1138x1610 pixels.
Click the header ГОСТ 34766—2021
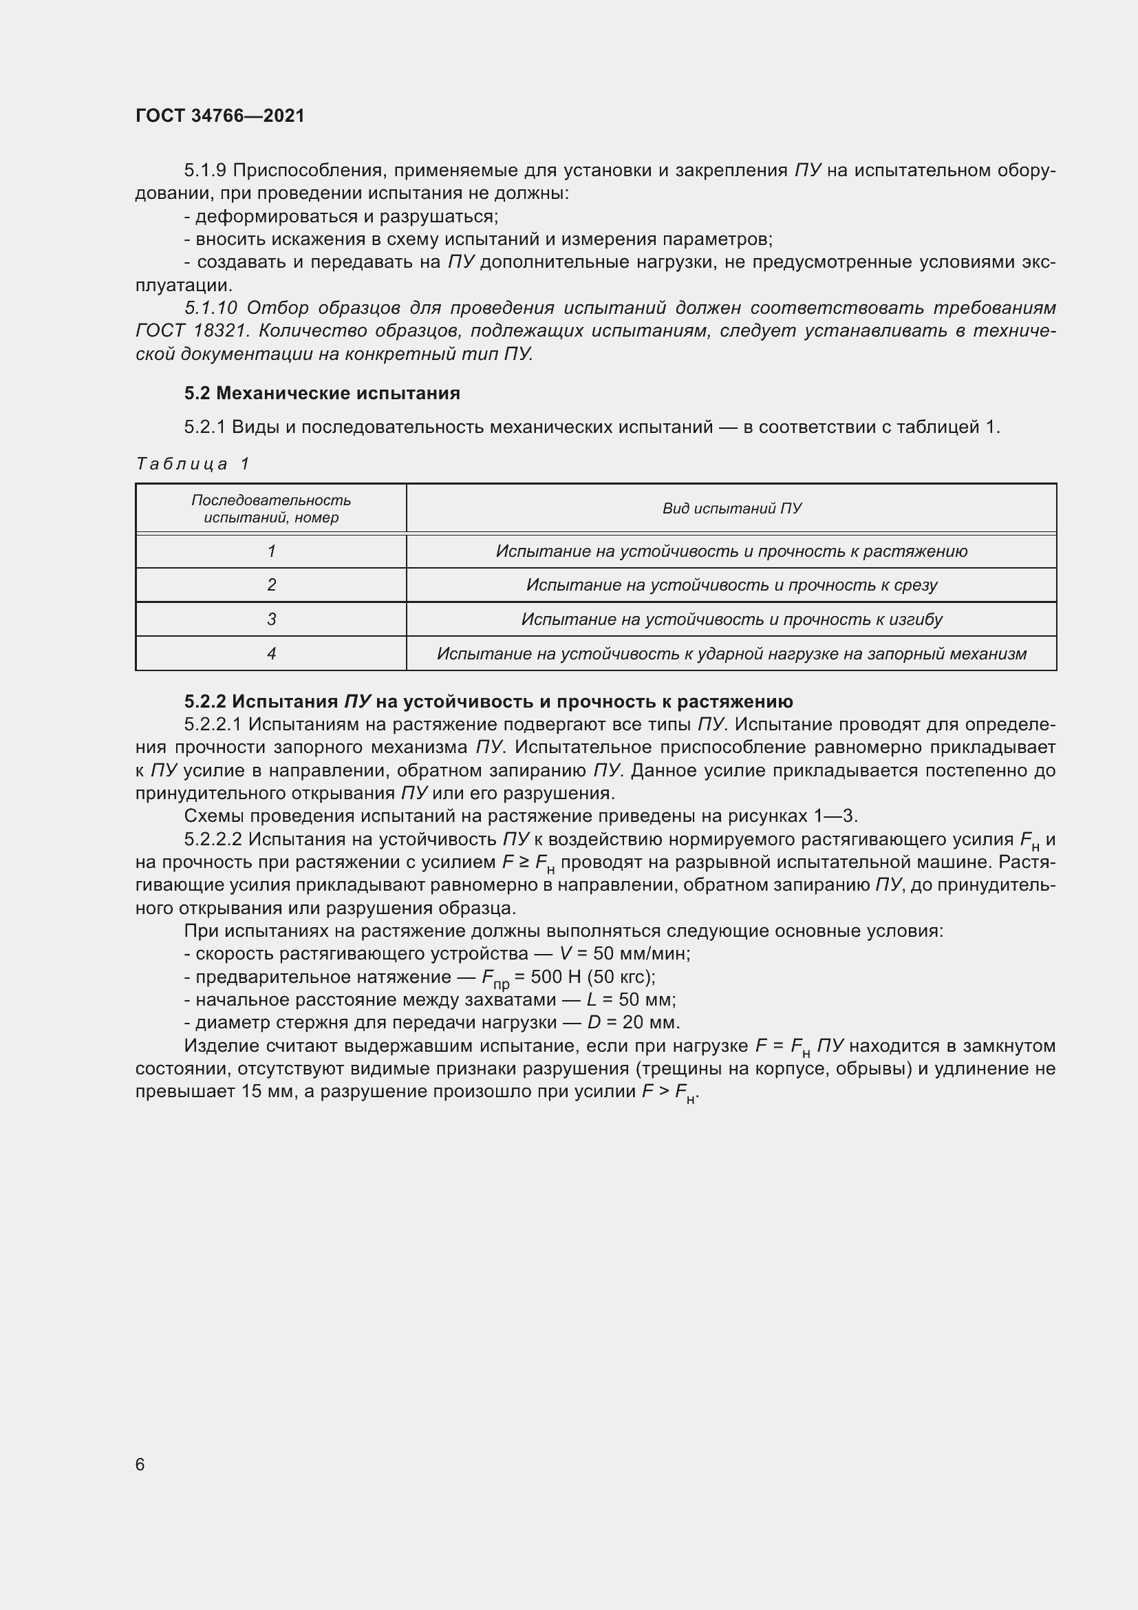220,116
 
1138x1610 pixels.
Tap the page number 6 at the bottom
140,1464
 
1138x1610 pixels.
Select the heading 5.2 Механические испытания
322,394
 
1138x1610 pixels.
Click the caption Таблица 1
193,464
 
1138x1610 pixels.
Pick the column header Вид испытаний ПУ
731,509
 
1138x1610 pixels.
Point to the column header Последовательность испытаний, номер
271,509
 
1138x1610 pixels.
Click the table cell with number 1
271,551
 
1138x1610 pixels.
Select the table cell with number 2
271,585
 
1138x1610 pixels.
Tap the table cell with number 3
271,619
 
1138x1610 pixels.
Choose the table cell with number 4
271,653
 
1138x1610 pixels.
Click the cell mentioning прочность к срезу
731,585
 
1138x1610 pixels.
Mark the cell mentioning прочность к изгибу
731,619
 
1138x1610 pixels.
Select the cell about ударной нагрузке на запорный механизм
731,653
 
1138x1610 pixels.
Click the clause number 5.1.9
205,171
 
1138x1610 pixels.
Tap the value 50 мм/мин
641,953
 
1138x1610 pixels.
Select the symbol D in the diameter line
594,1022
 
